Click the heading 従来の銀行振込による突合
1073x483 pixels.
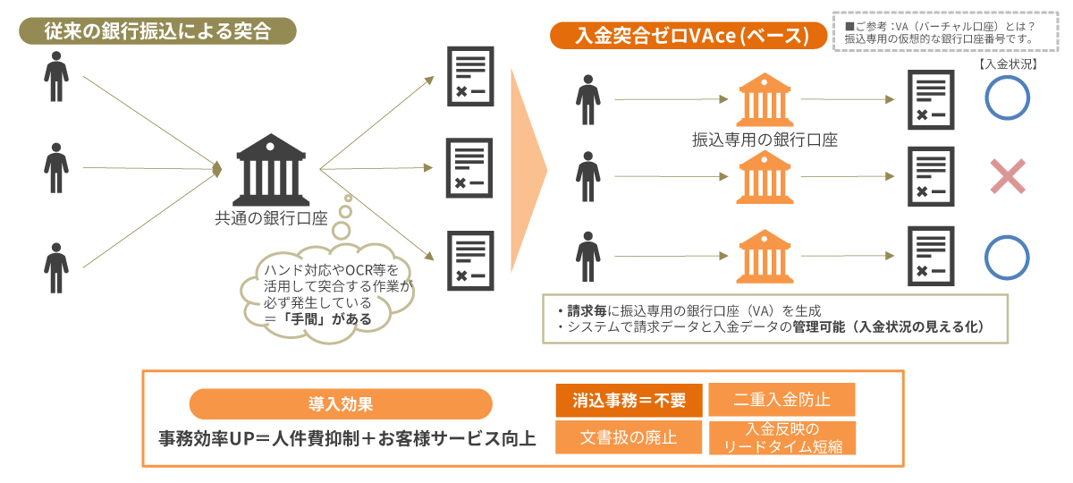click(156, 30)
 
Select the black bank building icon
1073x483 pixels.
click(269, 170)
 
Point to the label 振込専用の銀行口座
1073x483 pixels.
click(765, 140)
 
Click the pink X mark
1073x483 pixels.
click(1007, 176)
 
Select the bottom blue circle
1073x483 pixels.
click(1008, 257)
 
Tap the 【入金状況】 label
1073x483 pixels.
click(1008, 64)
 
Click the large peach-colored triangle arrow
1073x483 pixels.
click(528, 168)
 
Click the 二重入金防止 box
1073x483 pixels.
click(782, 400)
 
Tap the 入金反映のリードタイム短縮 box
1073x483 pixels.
click(782, 437)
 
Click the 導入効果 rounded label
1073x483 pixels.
click(341, 403)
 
